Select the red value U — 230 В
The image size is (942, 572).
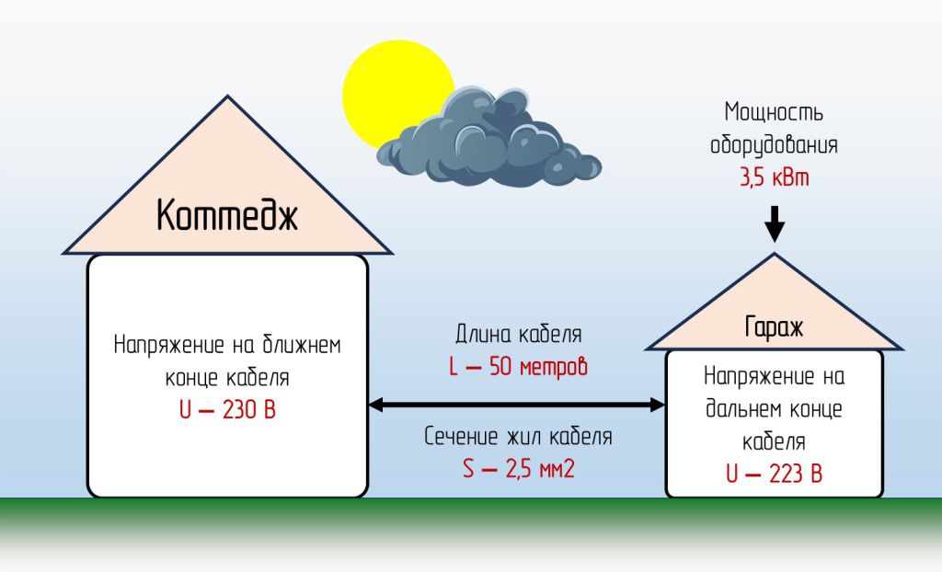[227, 410]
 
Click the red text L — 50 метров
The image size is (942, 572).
[518, 367]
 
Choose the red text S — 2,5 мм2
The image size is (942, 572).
[518, 469]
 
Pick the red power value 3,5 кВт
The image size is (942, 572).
[774, 178]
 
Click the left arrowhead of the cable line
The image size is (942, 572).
[375, 404]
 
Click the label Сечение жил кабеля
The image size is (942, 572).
[518, 437]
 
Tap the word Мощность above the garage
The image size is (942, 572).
[774, 113]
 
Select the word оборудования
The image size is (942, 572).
[774, 145]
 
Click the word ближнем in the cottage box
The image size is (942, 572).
[294, 346]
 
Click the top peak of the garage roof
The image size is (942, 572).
[775, 254]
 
